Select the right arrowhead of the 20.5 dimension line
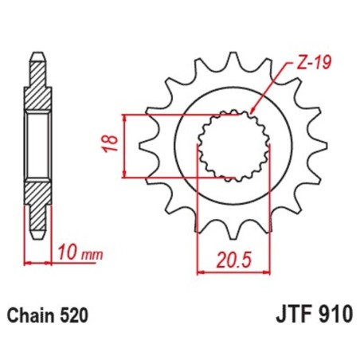268,271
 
